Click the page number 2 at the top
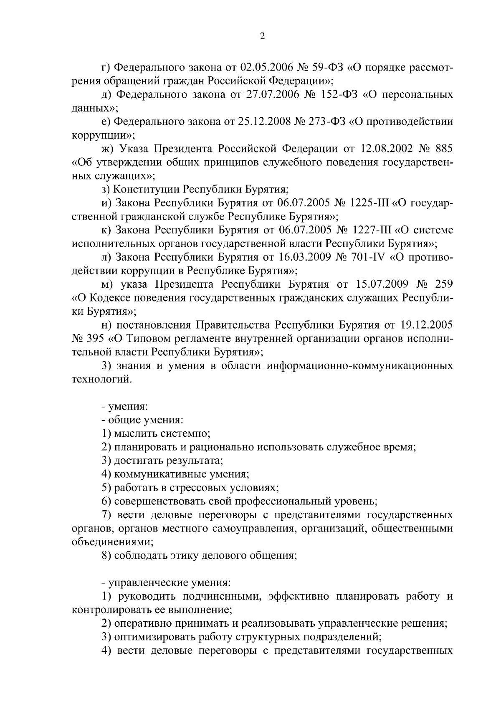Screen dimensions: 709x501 click(x=262, y=36)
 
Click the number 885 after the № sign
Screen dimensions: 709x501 click(x=443, y=149)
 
